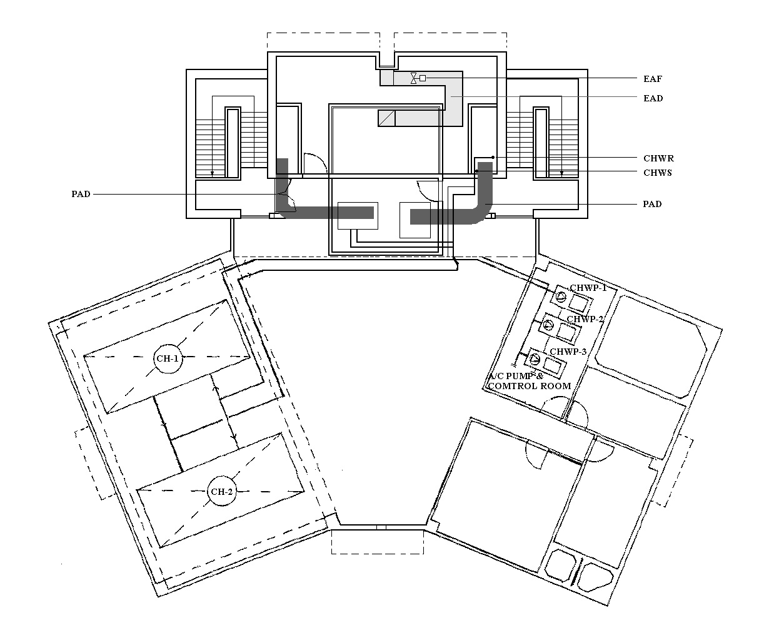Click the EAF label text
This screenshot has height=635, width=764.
[x=653, y=79]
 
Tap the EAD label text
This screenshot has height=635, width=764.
[x=653, y=98]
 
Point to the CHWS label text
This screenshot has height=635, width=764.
[x=658, y=173]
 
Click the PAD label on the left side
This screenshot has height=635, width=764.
[x=81, y=194]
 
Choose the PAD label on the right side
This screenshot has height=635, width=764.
[x=652, y=204]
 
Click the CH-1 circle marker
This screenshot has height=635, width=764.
[x=168, y=358]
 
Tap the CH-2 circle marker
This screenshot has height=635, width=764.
[x=222, y=492]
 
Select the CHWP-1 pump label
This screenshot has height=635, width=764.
[x=588, y=288]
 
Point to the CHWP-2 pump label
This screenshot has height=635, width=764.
[x=585, y=319]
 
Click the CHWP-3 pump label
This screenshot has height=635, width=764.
[x=568, y=352]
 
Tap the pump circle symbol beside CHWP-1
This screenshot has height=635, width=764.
[x=561, y=297]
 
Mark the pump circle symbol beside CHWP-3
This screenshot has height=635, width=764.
[x=535, y=360]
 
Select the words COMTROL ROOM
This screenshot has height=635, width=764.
[x=530, y=386]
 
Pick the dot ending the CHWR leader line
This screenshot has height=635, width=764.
[x=493, y=158]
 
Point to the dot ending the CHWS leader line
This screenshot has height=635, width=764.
[x=477, y=171]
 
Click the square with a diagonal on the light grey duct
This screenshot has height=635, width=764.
[x=387, y=118]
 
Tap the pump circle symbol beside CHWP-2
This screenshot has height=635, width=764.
[x=548, y=325]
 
